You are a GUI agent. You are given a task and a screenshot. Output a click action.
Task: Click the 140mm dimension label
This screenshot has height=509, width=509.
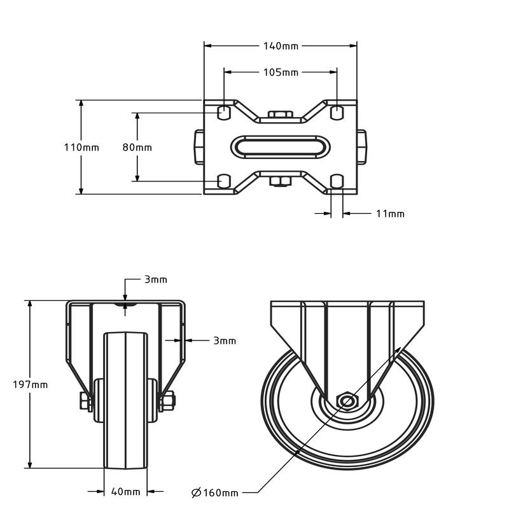[281, 46]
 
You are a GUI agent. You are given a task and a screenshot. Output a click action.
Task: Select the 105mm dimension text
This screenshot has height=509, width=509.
[281, 72]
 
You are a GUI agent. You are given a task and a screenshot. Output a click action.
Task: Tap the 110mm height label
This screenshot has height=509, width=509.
[81, 148]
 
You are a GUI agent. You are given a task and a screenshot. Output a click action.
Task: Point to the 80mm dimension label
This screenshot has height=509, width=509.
[137, 148]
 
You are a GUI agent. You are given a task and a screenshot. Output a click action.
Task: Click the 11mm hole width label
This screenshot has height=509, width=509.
[390, 214]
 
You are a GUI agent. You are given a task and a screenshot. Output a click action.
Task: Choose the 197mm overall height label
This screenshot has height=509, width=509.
[31, 385]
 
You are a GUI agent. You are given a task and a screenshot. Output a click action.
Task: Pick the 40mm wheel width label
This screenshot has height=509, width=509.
[125, 492]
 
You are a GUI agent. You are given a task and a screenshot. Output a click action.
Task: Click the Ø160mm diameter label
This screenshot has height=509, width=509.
[215, 492]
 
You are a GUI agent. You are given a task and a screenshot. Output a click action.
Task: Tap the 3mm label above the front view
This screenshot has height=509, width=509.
[156, 279]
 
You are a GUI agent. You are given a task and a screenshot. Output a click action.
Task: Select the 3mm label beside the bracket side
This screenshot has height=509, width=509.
[225, 340]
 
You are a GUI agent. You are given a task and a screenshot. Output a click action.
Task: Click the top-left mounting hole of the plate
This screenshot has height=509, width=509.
[224, 113]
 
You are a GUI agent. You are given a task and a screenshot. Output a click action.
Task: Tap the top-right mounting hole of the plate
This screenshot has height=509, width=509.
[337, 113]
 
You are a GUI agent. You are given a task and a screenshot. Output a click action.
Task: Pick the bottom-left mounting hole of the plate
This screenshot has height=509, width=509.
[224, 181]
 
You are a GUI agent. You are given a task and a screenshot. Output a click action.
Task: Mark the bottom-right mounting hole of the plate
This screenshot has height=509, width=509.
[337, 181]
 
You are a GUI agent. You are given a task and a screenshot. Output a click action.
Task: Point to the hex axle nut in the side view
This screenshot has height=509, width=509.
[347, 401]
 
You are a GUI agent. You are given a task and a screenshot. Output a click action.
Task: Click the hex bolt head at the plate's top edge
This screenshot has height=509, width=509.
[281, 115]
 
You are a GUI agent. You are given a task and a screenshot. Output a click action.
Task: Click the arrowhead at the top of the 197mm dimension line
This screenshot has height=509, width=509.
[30, 304]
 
